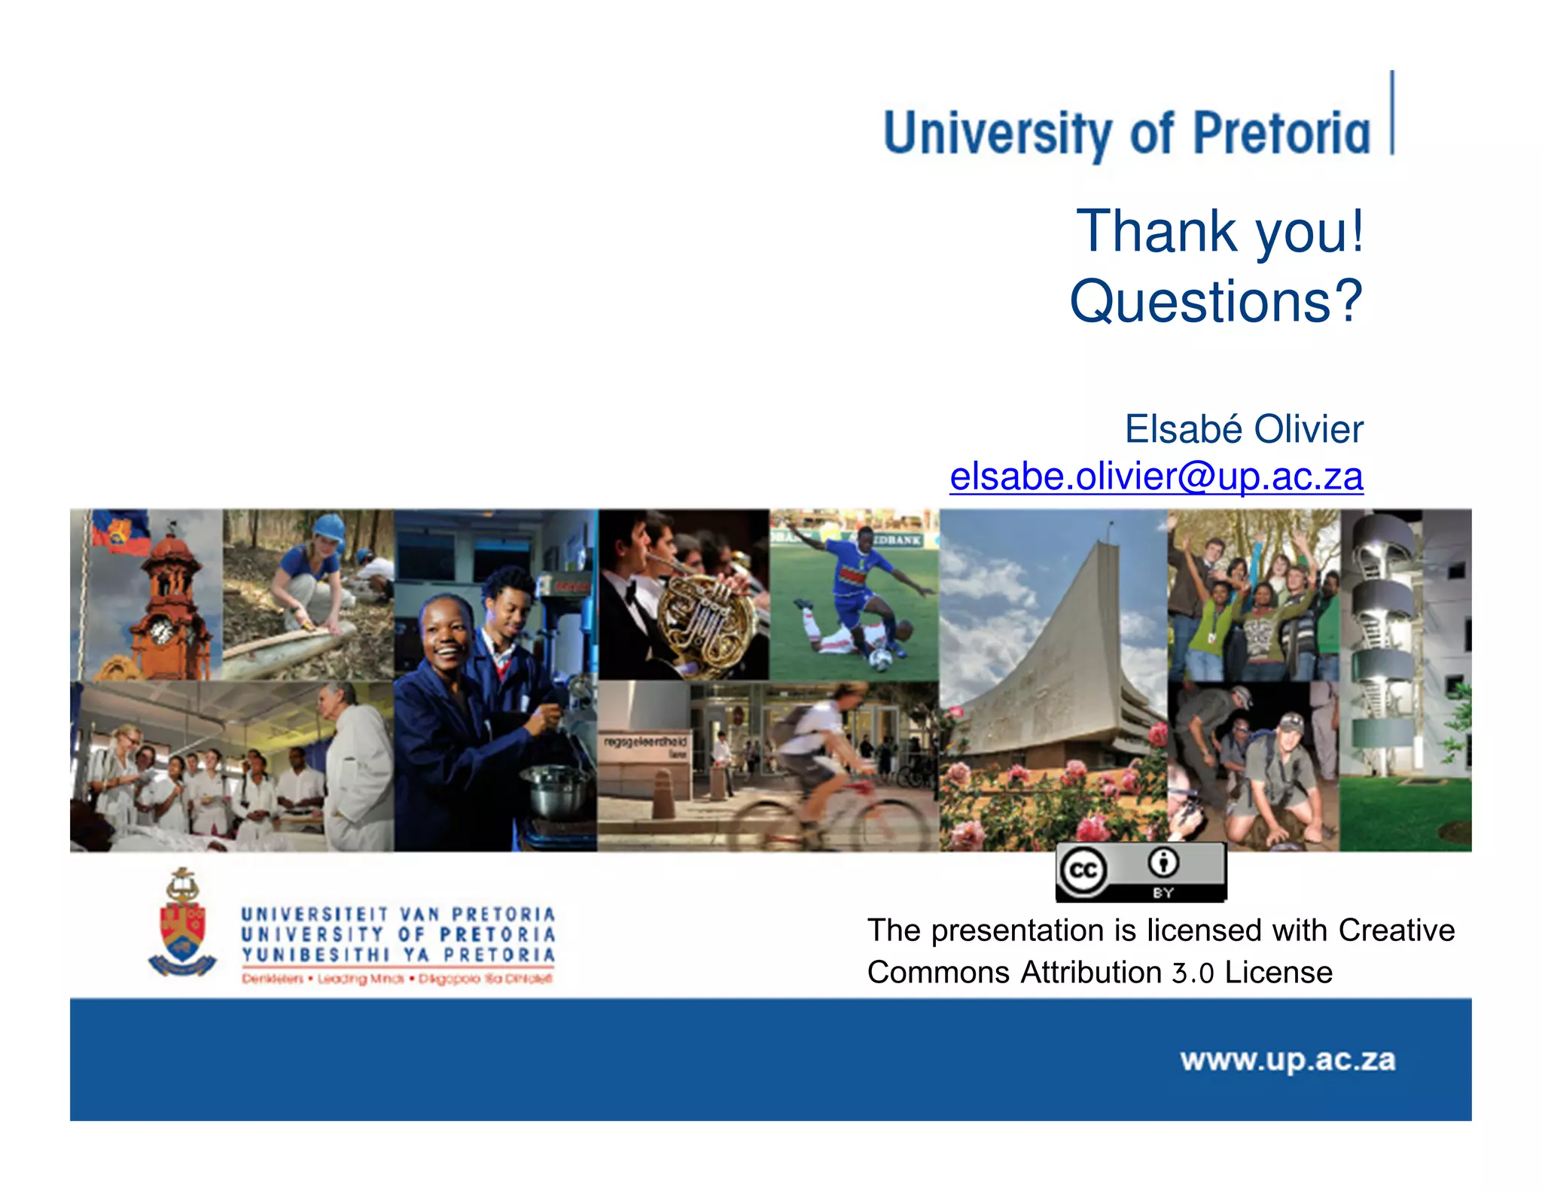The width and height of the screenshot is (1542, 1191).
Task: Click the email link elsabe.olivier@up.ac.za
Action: point(1156,477)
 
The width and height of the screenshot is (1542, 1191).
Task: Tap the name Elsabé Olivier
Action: point(1243,429)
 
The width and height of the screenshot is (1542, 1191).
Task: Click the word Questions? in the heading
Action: point(1215,301)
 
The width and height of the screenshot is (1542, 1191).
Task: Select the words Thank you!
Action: point(1220,231)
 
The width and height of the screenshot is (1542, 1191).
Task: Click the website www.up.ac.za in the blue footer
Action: point(1288,1060)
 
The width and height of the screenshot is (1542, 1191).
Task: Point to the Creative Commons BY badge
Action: point(1141,872)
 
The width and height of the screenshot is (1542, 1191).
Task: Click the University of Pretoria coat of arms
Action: point(182,924)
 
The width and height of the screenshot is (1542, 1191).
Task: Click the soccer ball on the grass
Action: point(879,659)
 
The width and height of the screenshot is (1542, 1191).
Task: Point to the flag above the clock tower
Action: point(118,530)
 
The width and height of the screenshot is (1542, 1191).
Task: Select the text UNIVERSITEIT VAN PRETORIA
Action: point(398,914)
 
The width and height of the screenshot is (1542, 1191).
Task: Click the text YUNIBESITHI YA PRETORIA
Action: point(398,955)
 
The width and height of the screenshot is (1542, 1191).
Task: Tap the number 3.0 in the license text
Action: point(1193,973)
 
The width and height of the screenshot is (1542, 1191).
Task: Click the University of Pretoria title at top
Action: point(1126,134)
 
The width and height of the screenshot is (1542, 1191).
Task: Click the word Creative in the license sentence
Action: point(1396,931)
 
